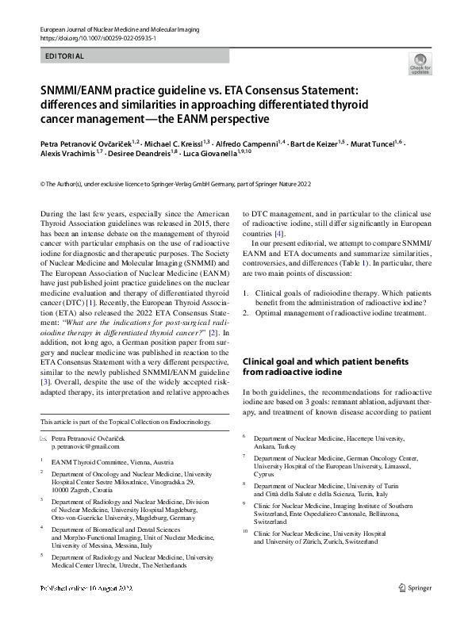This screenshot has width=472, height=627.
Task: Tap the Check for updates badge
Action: tap(420, 63)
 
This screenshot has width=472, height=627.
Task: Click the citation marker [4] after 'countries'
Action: tap(278, 235)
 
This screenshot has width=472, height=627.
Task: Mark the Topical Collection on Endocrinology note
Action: tap(127, 422)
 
